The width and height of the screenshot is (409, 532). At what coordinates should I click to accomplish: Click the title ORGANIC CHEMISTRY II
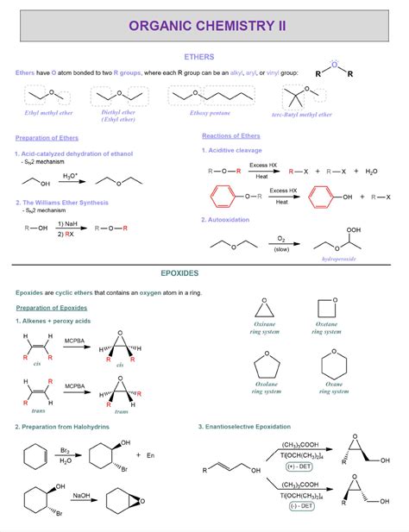click(x=205, y=25)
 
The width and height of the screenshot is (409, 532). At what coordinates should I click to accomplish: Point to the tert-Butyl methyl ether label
click(x=301, y=114)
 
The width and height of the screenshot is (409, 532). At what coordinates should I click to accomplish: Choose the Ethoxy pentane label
click(x=213, y=113)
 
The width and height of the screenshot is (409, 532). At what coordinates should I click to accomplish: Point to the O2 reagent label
click(x=281, y=236)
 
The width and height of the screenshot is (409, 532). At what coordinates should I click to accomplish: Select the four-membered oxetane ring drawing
click(x=325, y=307)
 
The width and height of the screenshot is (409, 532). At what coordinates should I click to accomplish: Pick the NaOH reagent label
click(x=81, y=496)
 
